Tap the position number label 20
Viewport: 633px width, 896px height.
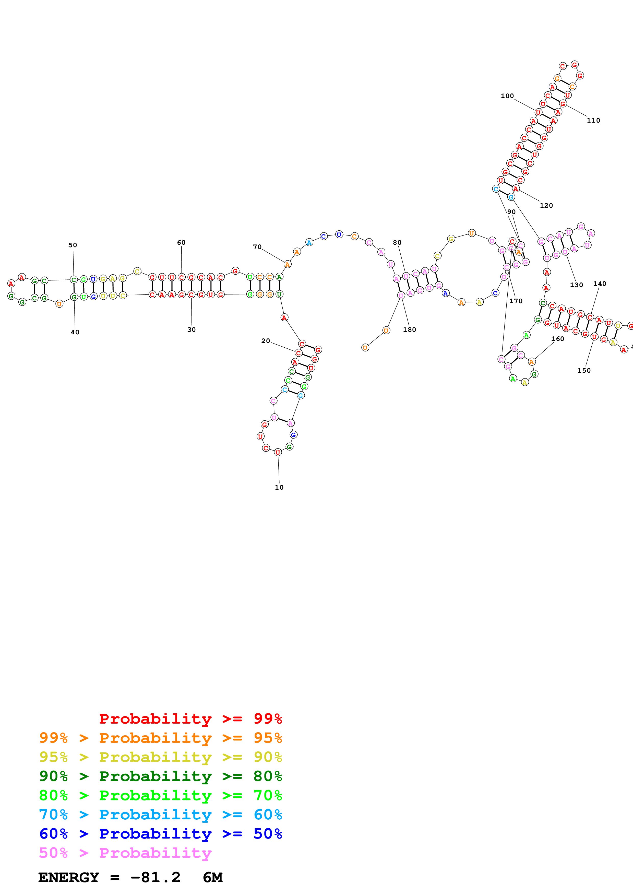tap(266, 341)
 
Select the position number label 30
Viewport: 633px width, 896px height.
tap(192, 329)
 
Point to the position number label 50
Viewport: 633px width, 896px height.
tap(73, 245)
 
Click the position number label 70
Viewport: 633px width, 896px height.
tap(257, 247)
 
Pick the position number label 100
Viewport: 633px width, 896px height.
tap(507, 96)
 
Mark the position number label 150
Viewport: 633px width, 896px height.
tap(584, 370)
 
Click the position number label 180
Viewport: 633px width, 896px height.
tap(410, 329)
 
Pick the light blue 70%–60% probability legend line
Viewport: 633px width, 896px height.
tap(160, 815)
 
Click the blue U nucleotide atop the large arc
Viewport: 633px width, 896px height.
tap(339, 234)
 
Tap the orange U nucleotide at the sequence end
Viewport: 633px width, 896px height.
tap(365, 347)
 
